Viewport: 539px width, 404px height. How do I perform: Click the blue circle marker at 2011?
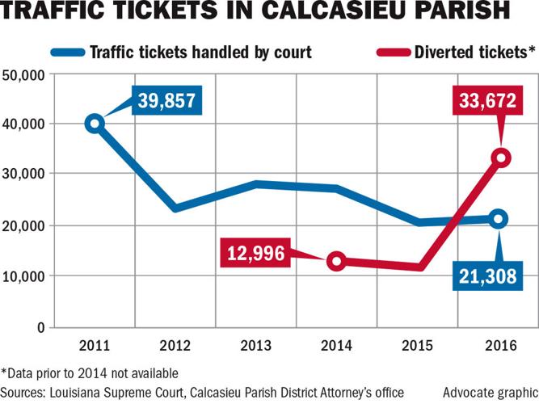pyautogui.click(x=94, y=123)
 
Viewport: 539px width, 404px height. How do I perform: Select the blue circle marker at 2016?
pyautogui.click(x=499, y=218)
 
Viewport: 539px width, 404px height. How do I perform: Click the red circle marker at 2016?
pyautogui.click(x=501, y=158)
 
